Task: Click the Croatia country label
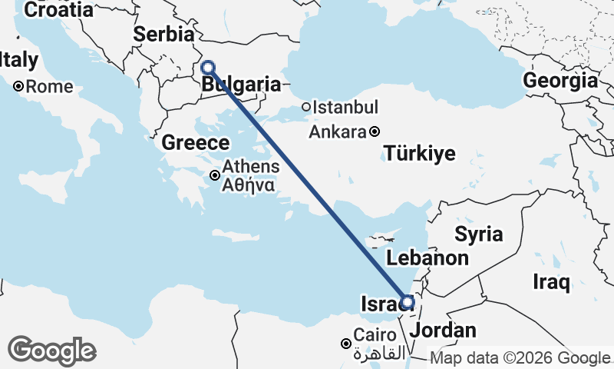(x=59, y=10)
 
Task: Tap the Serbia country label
(x=163, y=35)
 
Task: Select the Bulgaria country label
(x=241, y=85)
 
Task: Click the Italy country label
(x=19, y=59)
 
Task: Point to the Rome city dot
(x=18, y=86)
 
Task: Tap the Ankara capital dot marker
(x=374, y=131)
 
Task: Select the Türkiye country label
(x=420, y=153)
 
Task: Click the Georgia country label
(x=560, y=81)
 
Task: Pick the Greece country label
(x=195, y=143)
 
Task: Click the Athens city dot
(x=215, y=175)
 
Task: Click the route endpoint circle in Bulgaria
(x=207, y=67)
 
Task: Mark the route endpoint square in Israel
(x=408, y=302)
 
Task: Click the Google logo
(x=51, y=351)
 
